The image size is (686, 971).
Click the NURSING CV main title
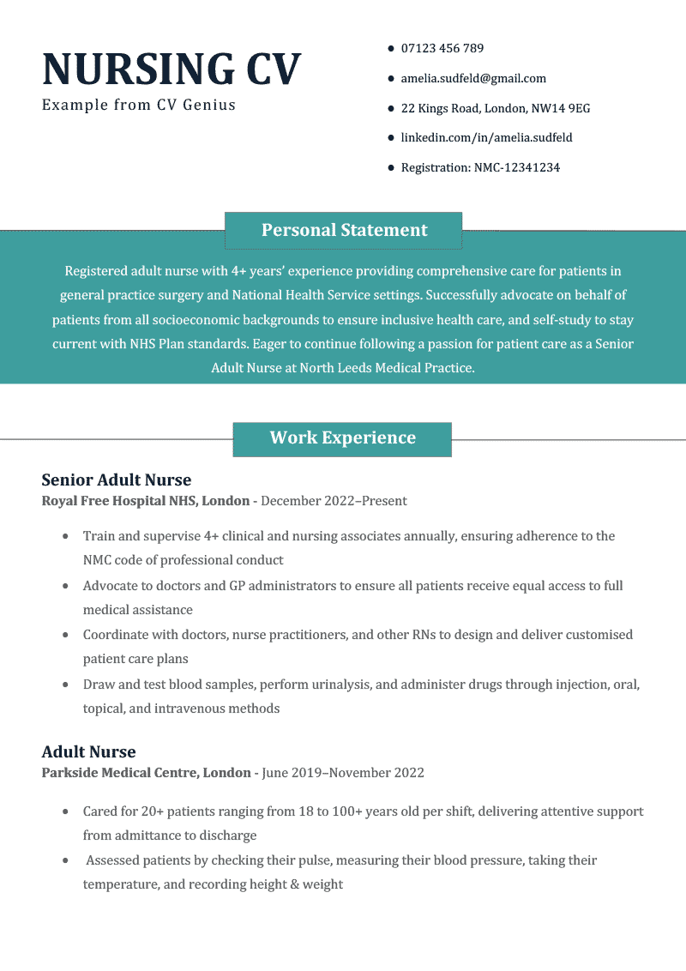tap(171, 69)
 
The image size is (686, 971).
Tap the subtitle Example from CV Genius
tap(139, 106)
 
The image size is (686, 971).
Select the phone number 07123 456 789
tap(442, 49)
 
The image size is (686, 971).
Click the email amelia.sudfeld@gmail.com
tap(473, 79)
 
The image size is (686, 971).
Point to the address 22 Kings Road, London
tap(495, 109)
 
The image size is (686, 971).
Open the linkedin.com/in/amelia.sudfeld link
tap(486, 138)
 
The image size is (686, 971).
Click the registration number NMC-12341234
tap(480, 168)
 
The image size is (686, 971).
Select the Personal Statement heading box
tap(344, 230)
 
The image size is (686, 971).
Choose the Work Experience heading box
tap(342, 438)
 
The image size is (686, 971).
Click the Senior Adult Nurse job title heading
tap(117, 480)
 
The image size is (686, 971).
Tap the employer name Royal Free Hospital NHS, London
tap(146, 501)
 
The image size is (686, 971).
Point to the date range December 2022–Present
tap(334, 501)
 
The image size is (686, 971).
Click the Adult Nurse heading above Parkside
tap(89, 752)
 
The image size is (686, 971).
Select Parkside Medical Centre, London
tap(147, 773)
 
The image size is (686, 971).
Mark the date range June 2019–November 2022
tap(343, 773)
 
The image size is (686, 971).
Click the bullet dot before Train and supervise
tap(66, 537)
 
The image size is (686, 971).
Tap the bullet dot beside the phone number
tap(391, 49)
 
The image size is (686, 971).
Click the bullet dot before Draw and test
tap(66, 685)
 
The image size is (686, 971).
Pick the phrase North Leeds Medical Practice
tap(386, 368)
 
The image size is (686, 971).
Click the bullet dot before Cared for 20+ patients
tap(66, 811)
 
